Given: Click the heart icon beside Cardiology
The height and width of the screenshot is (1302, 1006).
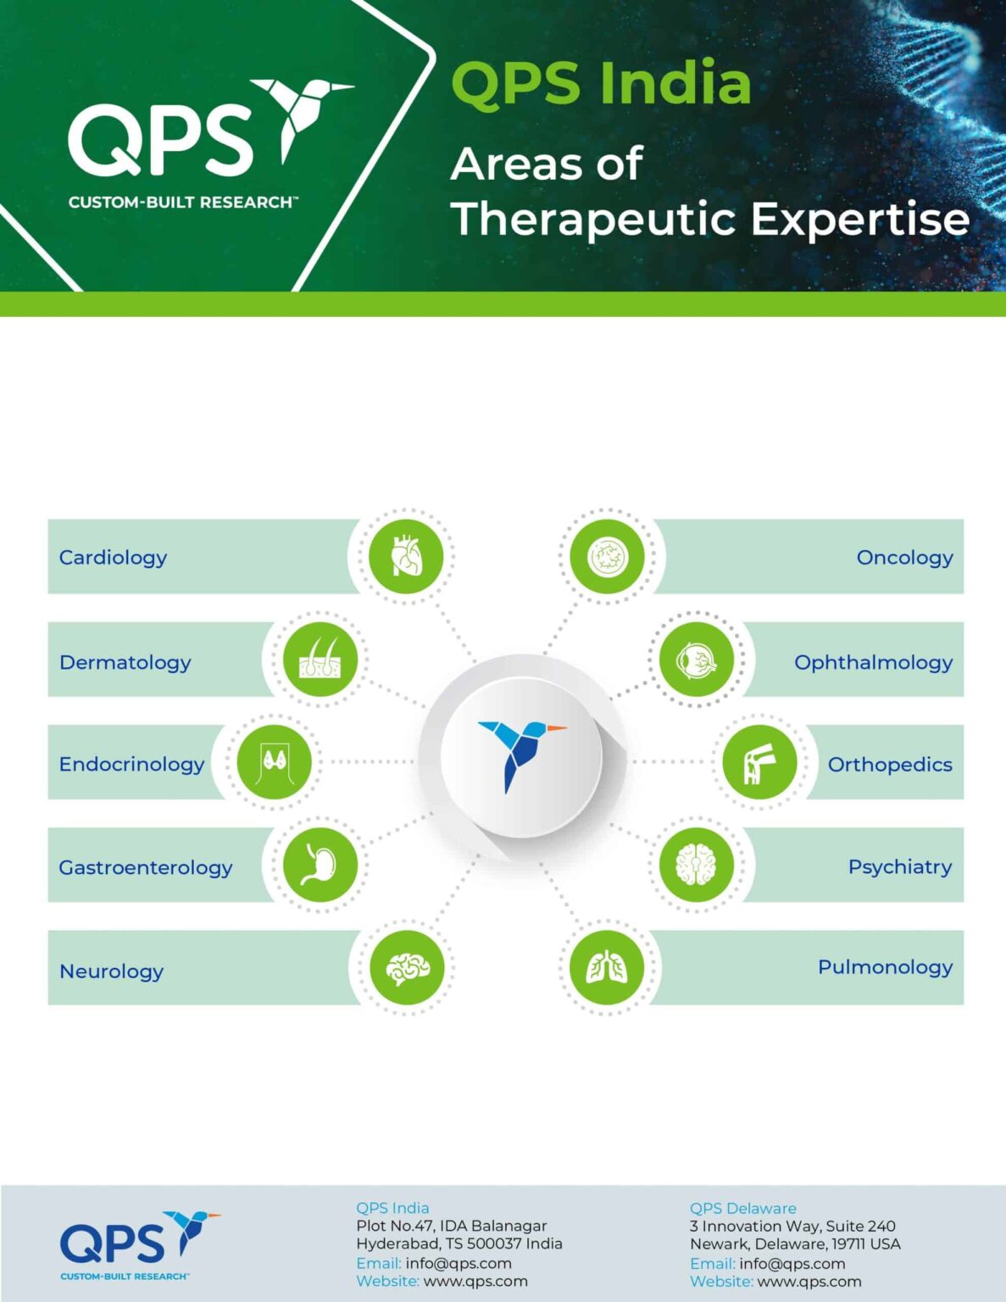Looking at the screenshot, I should click(x=406, y=557).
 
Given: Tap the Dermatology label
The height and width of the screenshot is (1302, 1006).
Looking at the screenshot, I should click(x=125, y=662).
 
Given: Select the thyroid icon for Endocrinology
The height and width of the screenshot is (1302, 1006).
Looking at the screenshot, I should click(x=274, y=762).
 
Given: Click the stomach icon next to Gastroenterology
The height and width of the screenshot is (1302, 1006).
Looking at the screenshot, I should click(x=320, y=865).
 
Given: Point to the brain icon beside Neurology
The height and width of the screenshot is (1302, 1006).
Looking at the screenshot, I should click(x=407, y=967).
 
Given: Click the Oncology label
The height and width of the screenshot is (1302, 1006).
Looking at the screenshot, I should click(x=904, y=557).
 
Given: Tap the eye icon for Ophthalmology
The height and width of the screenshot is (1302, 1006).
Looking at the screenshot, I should click(x=697, y=659).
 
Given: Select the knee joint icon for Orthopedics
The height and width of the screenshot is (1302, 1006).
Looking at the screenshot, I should click(x=759, y=762).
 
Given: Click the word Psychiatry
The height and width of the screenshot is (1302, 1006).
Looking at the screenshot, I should click(x=899, y=866).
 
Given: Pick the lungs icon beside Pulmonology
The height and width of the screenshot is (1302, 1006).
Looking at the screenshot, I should click(x=607, y=967).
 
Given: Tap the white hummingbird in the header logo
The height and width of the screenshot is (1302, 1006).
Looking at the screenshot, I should click(x=301, y=114).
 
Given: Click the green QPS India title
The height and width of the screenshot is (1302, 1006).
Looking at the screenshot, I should click(x=601, y=84).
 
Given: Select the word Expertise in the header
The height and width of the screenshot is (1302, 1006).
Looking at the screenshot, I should click(x=859, y=219).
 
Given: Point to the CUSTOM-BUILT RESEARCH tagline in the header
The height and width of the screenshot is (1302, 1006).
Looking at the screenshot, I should click(x=181, y=203).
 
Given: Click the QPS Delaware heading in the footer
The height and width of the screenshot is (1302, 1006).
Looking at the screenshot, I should click(x=742, y=1208).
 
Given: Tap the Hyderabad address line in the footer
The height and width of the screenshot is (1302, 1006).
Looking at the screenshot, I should click(x=459, y=1244).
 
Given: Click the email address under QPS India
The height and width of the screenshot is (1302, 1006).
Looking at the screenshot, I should click(x=459, y=1263).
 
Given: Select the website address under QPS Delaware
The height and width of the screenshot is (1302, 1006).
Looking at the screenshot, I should click(x=809, y=1282).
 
